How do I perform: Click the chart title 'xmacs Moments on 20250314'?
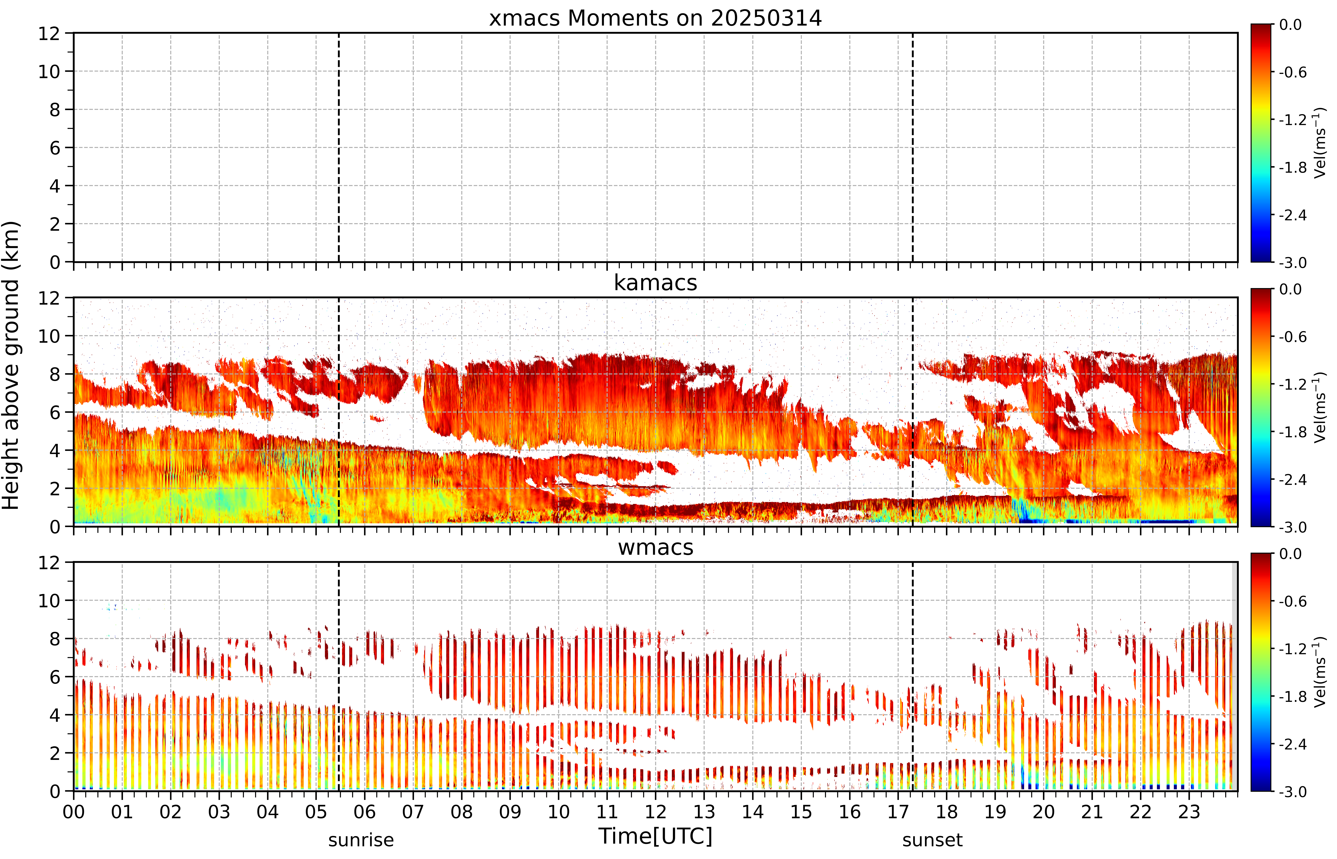coord(655,18)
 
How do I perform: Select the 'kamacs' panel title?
coord(655,283)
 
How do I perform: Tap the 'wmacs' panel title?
coord(655,547)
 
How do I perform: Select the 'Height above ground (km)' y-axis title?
coord(11,365)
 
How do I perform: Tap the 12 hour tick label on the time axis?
coord(655,812)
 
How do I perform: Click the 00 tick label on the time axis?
coord(74,812)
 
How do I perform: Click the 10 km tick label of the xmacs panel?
coord(49,71)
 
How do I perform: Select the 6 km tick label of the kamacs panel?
coord(55,413)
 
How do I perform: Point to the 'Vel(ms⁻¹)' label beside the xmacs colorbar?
coord(1320,143)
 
